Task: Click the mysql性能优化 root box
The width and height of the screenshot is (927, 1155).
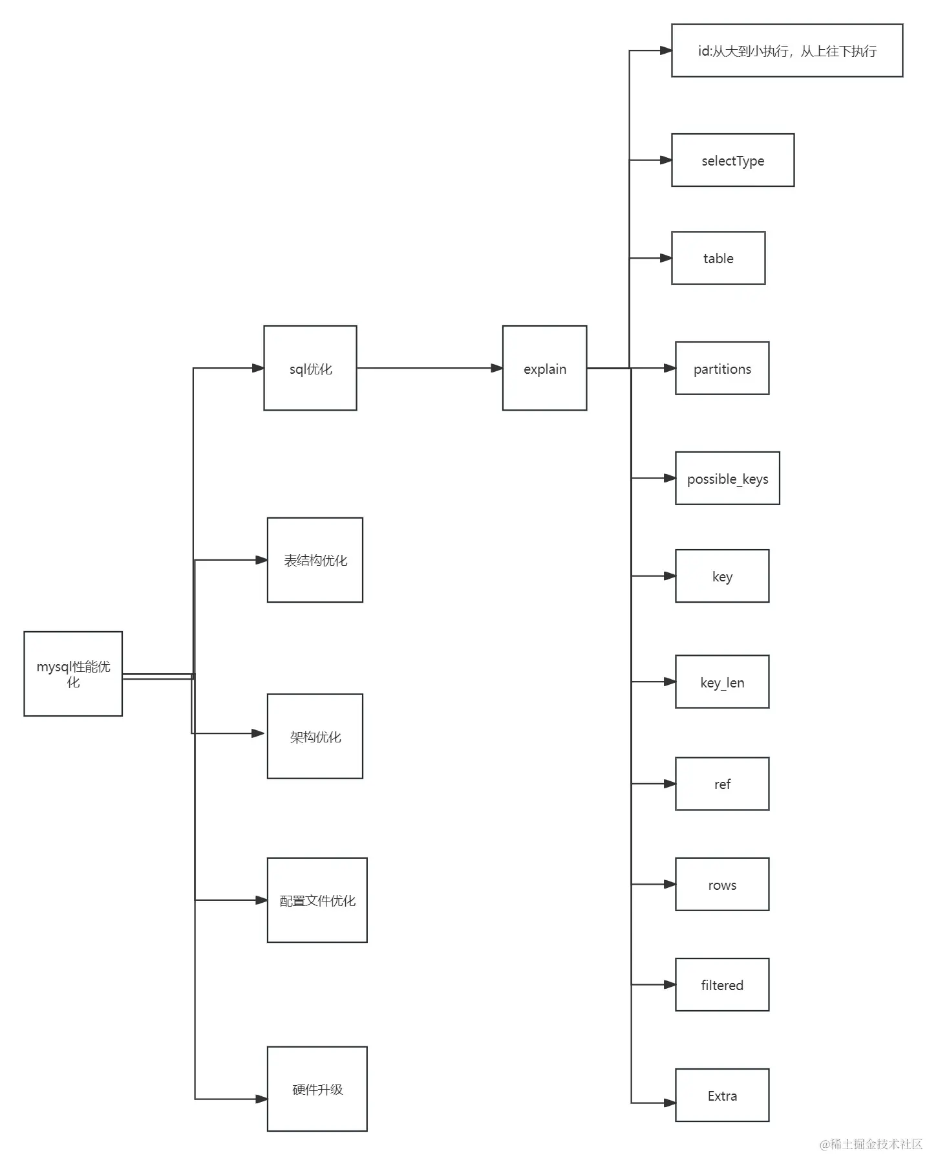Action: [x=73, y=673]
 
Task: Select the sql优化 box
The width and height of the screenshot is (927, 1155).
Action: [x=310, y=368]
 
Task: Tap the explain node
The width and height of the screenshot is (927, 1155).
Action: [x=544, y=368]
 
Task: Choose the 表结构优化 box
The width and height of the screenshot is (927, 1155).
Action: [x=315, y=559]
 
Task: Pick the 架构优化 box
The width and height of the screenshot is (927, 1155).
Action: [x=315, y=736]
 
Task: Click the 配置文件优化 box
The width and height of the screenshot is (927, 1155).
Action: [x=317, y=900]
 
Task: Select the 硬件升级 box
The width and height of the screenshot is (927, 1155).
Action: [x=317, y=1089]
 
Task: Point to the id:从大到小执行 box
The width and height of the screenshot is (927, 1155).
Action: [x=787, y=50]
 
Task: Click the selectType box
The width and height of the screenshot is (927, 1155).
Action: [x=732, y=160]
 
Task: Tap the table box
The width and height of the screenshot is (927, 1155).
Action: [x=718, y=257]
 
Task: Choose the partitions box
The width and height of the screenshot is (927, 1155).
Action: [x=722, y=368]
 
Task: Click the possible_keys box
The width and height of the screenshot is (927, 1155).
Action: [x=727, y=478]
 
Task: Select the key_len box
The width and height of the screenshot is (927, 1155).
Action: [x=722, y=682]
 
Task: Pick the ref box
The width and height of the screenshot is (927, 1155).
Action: [x=722, y=783]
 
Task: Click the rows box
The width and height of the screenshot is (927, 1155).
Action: [x=722, y=884]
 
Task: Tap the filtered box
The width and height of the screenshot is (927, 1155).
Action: [x=722, y=984]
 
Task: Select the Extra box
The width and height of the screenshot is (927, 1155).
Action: [x=722, y=1095]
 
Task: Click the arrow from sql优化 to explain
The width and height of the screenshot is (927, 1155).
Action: [x=429, y=368]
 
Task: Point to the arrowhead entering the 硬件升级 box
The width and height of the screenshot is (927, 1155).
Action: [x=261, y=1099]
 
